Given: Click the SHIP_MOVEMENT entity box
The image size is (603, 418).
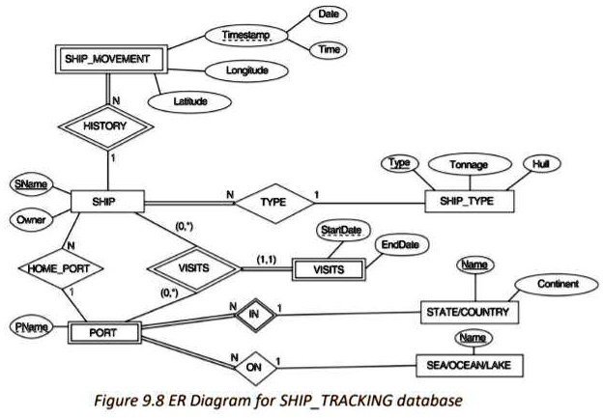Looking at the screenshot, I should [106, 60].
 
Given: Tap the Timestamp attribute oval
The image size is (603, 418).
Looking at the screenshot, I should [244, 35].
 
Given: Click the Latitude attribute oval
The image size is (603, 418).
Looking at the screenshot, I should [189, 99].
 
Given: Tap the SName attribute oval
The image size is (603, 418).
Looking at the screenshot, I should [32, 184].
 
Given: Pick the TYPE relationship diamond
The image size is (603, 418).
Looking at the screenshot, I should [273, 204].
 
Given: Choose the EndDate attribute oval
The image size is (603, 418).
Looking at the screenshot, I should [401, 246].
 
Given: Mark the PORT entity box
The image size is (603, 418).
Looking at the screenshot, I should [103, 334].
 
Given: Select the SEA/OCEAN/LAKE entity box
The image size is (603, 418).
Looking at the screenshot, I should [469, 367].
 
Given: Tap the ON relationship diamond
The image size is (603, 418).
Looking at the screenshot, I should [253, 368].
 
